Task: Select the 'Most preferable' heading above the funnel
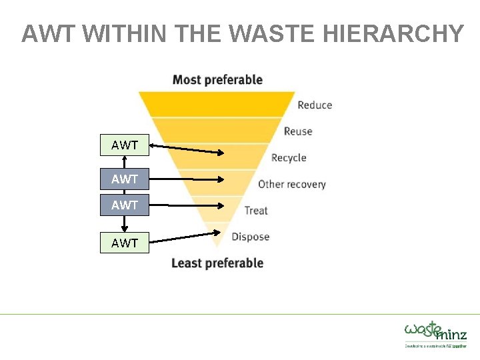point(217,80)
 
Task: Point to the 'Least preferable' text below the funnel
point(217,263)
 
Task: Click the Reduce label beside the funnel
point(315,105)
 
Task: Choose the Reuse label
point(298,131)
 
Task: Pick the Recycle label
point(289,158)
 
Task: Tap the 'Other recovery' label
point(292,184)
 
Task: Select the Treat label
point(256,211)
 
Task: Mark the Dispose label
point(251,237)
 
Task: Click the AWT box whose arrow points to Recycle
point(125,145)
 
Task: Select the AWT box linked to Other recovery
point(125,179)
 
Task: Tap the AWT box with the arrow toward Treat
point(125,205)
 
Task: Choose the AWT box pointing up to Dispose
point(125,243)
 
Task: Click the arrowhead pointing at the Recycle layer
point(221,153)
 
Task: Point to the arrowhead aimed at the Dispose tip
point(217,233)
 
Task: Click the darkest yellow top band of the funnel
point(217,104)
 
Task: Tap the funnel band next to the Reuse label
point(217,130)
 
